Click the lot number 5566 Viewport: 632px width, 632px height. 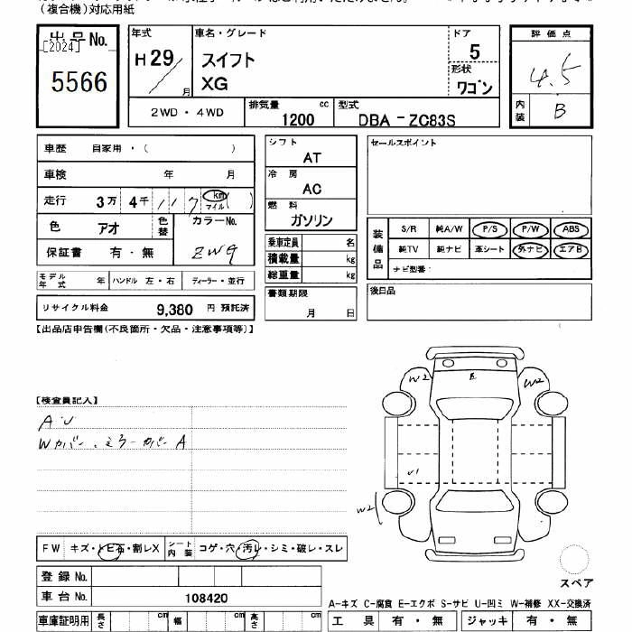tap(80, 84)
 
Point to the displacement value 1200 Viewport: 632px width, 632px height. tap(298, 118)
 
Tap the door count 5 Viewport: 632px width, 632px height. tap(474, 52)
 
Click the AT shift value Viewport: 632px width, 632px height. tap(311, 157)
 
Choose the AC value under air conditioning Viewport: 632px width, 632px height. tap(311, 190)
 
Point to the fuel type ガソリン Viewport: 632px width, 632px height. tap(311, 221)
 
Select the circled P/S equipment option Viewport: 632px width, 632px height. tap(490, 229)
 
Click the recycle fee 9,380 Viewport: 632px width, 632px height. tap(174, 309)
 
